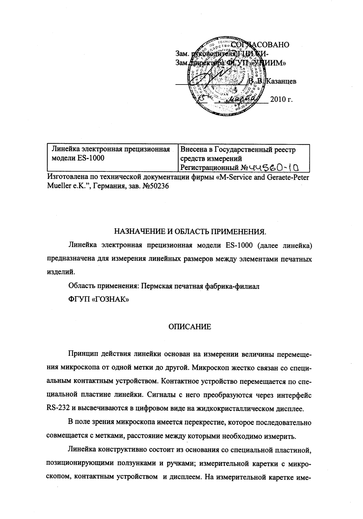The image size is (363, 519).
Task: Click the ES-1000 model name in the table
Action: click(x=91, y=158)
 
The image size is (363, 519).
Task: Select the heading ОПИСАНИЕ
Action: click(x=190, y=327)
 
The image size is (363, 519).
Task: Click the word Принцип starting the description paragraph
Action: click(x=81, y=353)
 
